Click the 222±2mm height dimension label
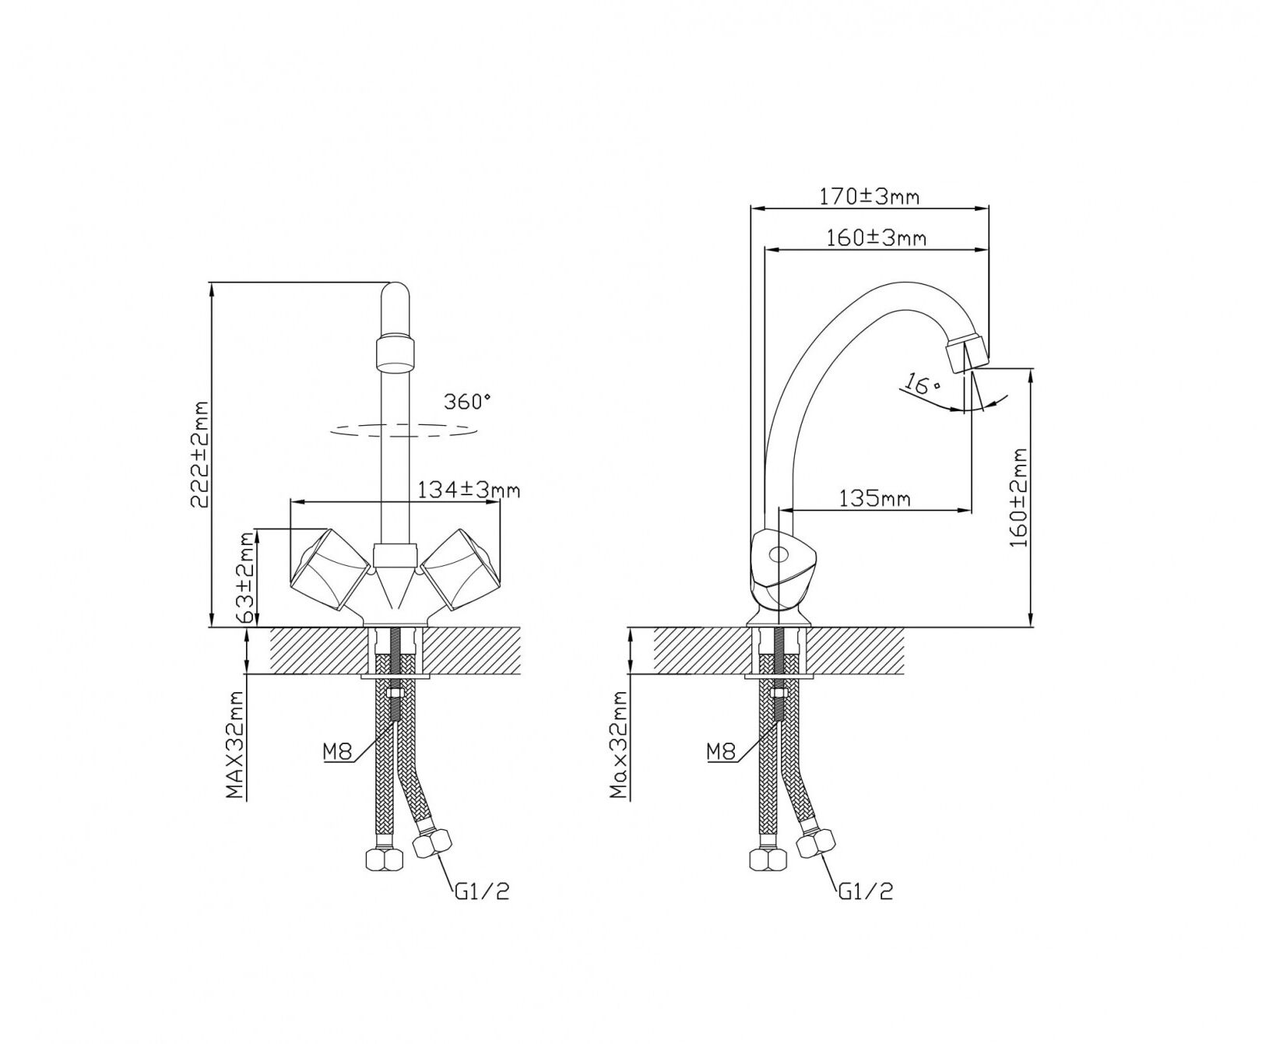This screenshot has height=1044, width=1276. pyautogui.click(x=201, y=455)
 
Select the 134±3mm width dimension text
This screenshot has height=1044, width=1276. pyautogui.click(x=469, y=490)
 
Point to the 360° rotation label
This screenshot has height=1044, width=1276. pyautogui.click(x=467, y=402)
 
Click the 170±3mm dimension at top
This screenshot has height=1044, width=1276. pyautogui.click(x=869, y=196)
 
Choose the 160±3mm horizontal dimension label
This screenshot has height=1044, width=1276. pyautogui.click(x=876, y=237)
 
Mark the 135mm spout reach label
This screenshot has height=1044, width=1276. pyautogui.click(x=874, y=498)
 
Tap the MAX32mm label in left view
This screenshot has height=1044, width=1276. pyautogui.click(x=236, y=745)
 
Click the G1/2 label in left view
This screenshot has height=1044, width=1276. pyautogui.click(x=482, y=891)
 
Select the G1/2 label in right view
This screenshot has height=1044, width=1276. pyautogui.click(x=865, y=891)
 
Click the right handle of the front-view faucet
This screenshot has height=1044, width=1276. pyautogui.click(x=461, y=569)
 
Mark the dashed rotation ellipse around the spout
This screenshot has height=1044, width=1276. pyautogui.click(x=402, y=428)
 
